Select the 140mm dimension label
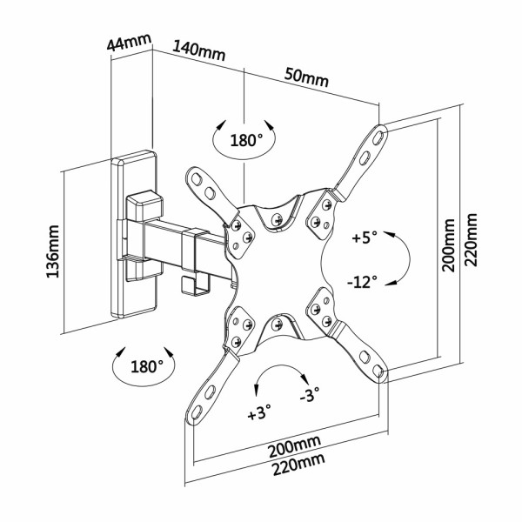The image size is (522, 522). coord(198,50)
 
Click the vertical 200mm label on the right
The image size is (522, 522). coord(449,245)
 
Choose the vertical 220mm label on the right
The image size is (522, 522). coord(472,243)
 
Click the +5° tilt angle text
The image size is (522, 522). coord(365,237)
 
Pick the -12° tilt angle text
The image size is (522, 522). coord(362,282)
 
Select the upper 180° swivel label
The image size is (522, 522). coord(246,140)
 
